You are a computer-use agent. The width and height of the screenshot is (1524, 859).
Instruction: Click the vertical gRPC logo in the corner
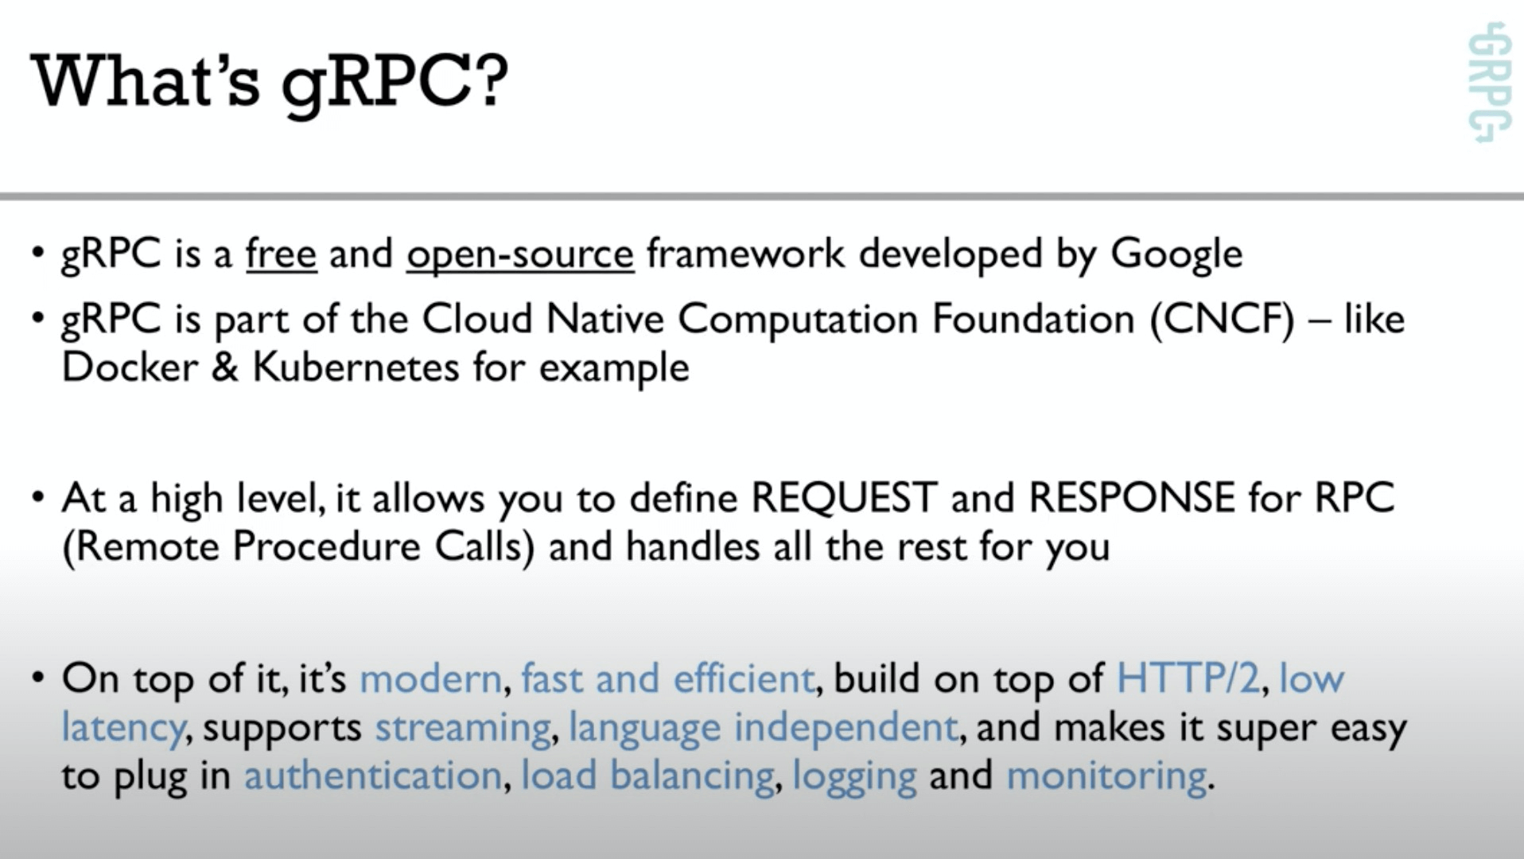[x=1488, y=83]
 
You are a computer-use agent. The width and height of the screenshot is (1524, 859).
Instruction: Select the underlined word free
[x=282, y=254]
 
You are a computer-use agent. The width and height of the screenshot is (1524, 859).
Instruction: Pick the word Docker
[x=130, y=367]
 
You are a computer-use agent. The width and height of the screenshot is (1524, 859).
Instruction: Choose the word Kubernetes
[x=356, y=367]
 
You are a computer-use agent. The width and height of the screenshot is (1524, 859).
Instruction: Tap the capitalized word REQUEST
[x=844, y=498]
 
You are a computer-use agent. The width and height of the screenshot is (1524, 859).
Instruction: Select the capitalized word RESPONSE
[x=1132, y=498]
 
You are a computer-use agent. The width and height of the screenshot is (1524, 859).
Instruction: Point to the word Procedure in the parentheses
[x=326, y=547]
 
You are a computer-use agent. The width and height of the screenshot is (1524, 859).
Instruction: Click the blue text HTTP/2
[x=1188, y=678]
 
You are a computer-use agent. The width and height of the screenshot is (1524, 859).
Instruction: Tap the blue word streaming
[x=462, y=728]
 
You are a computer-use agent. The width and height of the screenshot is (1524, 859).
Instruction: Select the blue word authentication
[x=372, y=775]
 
